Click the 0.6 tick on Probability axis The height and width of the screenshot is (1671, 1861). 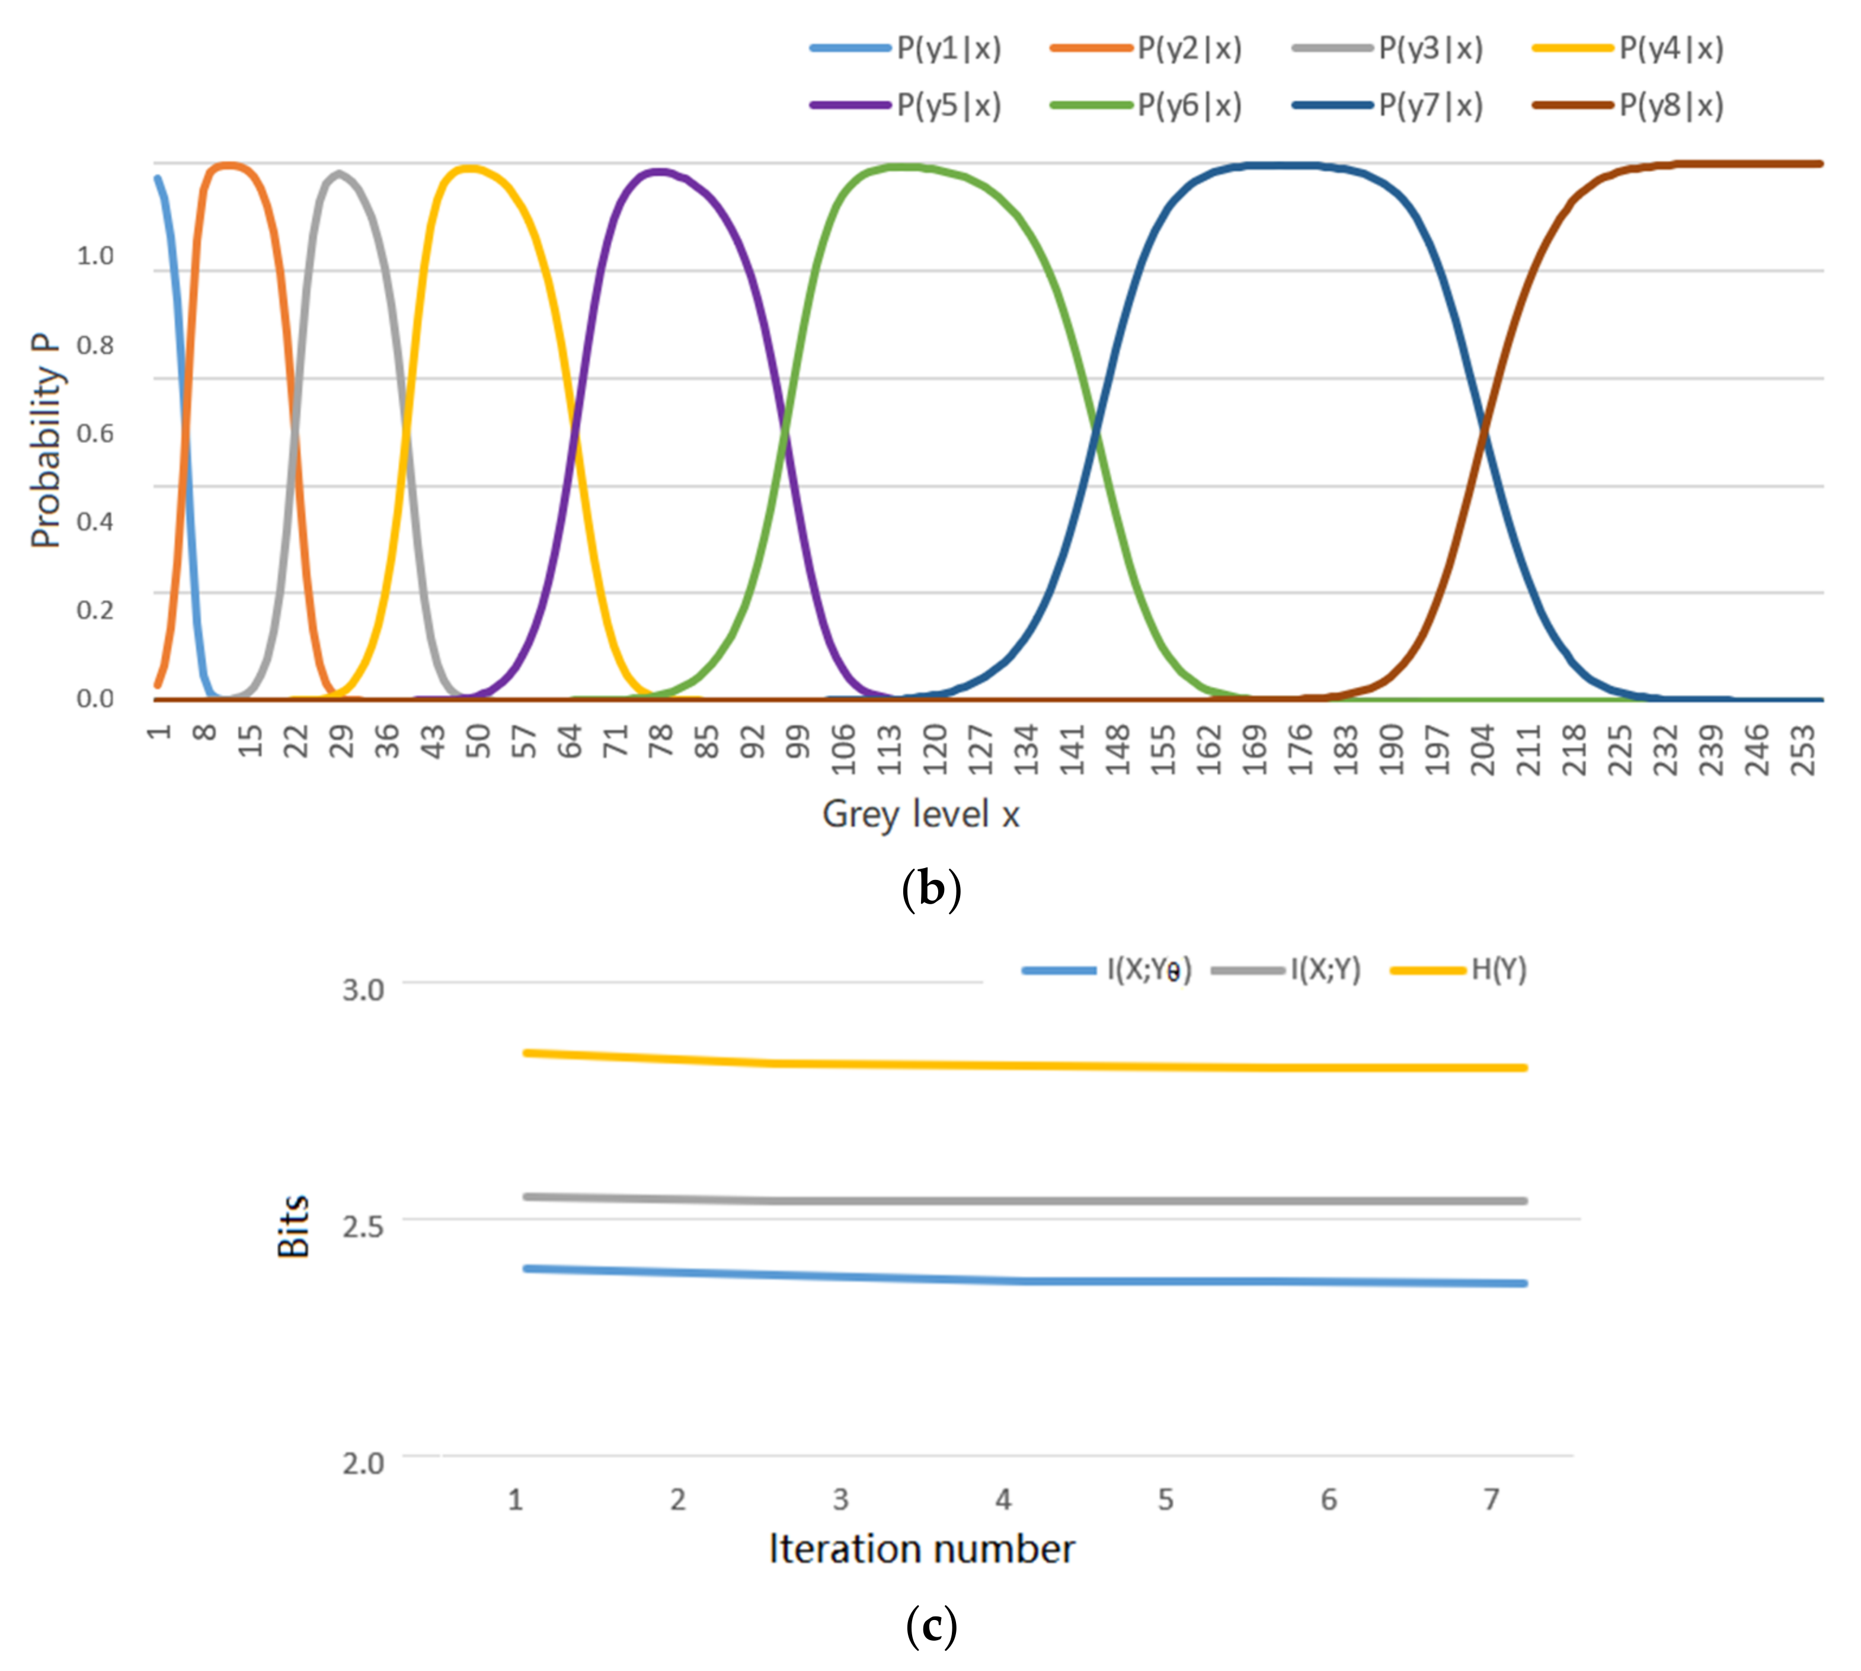[95, 433]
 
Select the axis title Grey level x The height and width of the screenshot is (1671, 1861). [920, 814]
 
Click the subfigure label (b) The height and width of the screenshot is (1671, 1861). [930, 889]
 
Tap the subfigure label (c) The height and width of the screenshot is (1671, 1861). [930, 1626]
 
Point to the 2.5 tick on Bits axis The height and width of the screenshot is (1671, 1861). [363, 1226]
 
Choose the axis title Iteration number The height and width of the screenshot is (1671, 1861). [921, 1549]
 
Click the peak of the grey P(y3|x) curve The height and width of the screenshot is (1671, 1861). [340, 172]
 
